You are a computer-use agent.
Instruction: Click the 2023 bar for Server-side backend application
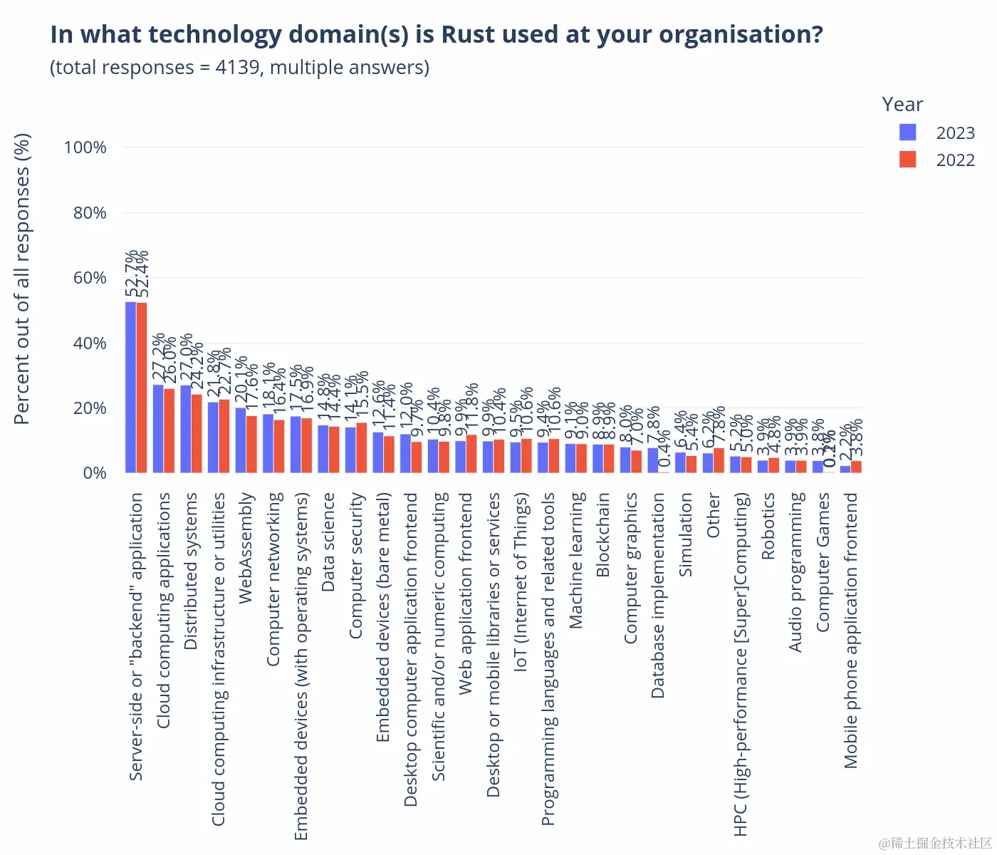130,388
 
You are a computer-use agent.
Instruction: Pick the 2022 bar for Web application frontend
471,454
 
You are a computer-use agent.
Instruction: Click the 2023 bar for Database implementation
653,460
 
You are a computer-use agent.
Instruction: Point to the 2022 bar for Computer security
361,448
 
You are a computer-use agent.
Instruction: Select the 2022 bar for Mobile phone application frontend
856,467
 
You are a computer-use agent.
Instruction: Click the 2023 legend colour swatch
907,133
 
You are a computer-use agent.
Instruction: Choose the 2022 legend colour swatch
907,160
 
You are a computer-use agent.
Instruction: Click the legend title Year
902,105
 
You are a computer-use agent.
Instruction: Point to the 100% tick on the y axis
85,147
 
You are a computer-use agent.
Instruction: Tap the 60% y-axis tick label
90,278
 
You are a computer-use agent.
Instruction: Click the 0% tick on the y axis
94,473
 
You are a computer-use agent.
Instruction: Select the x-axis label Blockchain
603,534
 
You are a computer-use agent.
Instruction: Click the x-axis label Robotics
768,526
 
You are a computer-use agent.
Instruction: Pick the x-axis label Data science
328,541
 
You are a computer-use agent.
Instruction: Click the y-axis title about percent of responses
23,279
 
